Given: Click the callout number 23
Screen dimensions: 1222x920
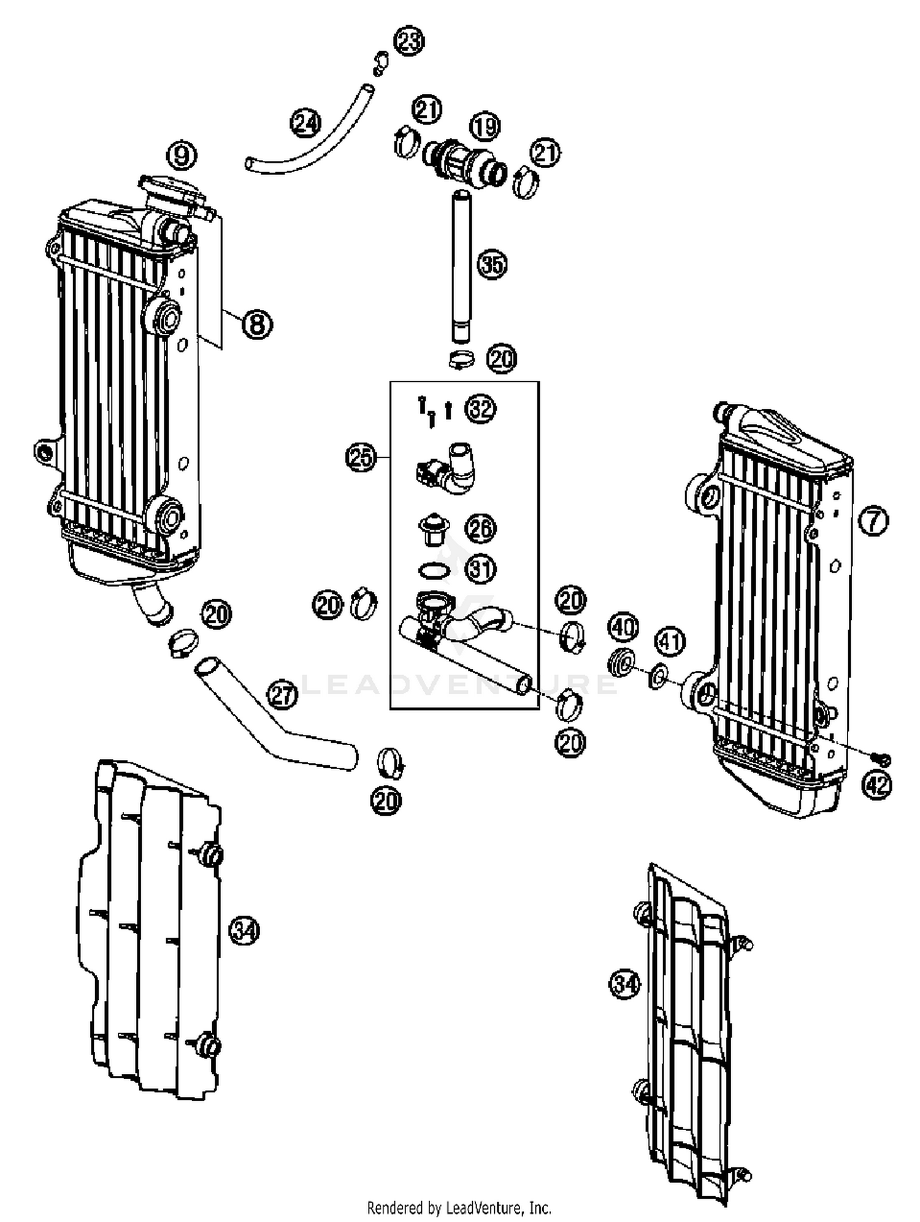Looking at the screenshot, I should (409, 42).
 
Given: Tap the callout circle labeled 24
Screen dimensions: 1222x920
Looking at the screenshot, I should (305, 123).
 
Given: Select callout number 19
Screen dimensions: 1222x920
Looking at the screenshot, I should (485, 126).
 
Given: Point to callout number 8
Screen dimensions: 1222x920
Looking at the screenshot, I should (257, 323).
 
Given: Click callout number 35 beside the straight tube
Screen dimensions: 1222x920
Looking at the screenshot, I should (493, 265).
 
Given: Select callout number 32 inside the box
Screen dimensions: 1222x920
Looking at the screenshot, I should (481, 409).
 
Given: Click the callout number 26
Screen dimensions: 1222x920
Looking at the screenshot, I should (481, 528).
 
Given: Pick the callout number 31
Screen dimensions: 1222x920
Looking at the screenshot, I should (481, 570).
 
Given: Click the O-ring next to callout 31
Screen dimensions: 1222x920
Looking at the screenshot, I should (434, 570).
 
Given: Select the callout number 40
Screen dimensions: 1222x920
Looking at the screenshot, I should (623, 627).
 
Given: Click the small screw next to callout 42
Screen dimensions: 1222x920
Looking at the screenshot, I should (883, 759).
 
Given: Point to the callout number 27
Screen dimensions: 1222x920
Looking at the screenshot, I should (282, 695).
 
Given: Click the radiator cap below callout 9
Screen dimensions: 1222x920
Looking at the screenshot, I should (172, 188).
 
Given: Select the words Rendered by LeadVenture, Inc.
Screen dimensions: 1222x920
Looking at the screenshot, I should (459, 1208).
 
